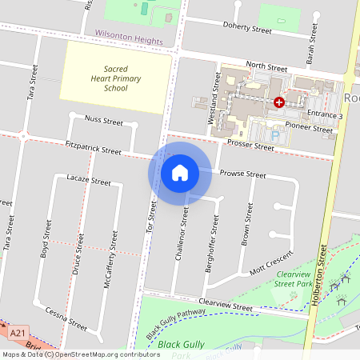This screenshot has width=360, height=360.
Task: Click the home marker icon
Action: (x=180, y=171)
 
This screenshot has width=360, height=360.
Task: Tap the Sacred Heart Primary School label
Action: (x=115, y=78)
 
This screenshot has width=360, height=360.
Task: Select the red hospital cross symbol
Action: (x=279, y=102)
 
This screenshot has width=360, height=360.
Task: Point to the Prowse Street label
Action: (x=242, y=174)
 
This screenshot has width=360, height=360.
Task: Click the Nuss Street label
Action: (x=103, y=122)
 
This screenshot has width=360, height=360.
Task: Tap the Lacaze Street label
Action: (x=89, y=181)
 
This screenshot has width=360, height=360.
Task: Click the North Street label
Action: (x=266, y=68)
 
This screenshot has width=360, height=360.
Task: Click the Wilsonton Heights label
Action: (x=128, y=38)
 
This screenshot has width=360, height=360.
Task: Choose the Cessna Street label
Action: (x=66, y=319)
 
